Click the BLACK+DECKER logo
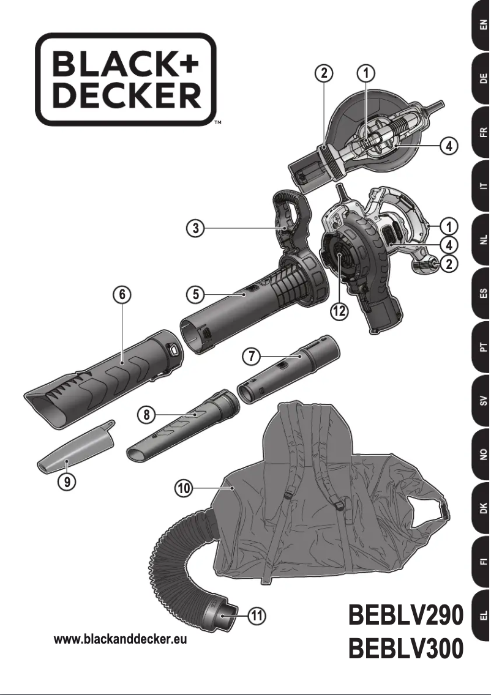(x=126, y=80)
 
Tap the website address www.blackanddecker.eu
(x=121, y=640)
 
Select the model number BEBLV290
(x=405, y=615)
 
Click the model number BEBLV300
(x=405, y=650)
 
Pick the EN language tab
(x=483, y=26)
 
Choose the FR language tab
(x=483, y=132)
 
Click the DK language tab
(x=483, y=507)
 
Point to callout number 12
(x=339, y=311)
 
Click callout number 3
(x=195, y=229)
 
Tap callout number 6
(x=122, y=294)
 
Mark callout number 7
(x=250, y=354)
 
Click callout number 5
(x=195, y=294)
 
